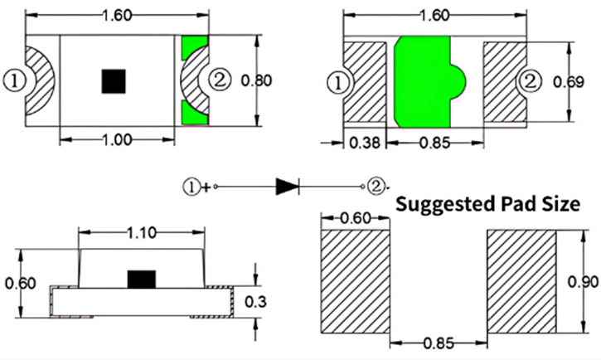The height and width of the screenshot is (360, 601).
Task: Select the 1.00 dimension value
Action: (117, 139)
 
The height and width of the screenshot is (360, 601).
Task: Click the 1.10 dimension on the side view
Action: (141, 233)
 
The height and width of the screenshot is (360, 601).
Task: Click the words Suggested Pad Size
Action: (487, 204)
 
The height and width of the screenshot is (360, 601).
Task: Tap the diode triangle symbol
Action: (287, 186)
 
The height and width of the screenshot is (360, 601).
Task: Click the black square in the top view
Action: (113, 80)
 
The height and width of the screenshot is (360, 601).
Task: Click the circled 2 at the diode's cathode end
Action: (375, 186)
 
